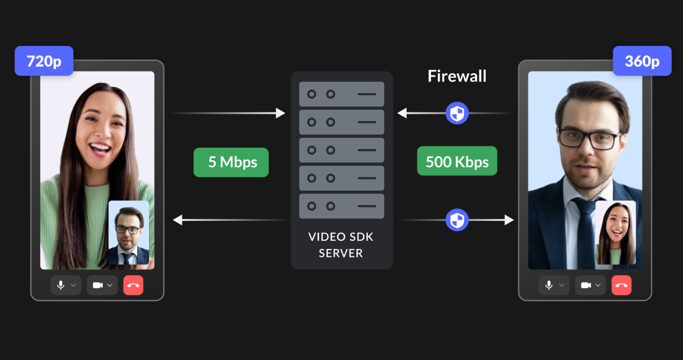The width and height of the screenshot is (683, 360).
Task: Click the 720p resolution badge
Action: click(44, 61)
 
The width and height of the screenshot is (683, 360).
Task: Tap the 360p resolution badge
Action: click(642, 61)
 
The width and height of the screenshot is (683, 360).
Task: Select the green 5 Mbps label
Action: click(231, 162)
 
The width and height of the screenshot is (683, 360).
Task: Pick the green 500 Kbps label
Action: click(457, 162)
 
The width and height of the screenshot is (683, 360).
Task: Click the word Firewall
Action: click(457, 76)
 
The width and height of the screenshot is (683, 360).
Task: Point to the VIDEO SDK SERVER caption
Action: click(341, 245)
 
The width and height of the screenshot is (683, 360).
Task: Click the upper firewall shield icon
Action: click(457, 113)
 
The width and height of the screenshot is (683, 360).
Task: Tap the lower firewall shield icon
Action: click(457, 220)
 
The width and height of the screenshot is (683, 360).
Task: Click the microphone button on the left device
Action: click(66, 286)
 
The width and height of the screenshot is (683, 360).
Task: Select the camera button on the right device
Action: click(590, 286)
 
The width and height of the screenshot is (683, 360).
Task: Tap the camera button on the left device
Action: click(102, 286)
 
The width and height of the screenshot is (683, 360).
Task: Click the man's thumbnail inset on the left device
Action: click(129, 233)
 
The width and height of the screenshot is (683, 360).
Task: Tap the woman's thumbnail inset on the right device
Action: click(615, 233)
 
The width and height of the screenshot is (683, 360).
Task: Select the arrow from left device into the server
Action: click(227, 113)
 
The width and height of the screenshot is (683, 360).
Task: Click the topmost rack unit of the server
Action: click(341, 94)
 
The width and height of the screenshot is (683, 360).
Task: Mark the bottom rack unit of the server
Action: click(341, 206)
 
